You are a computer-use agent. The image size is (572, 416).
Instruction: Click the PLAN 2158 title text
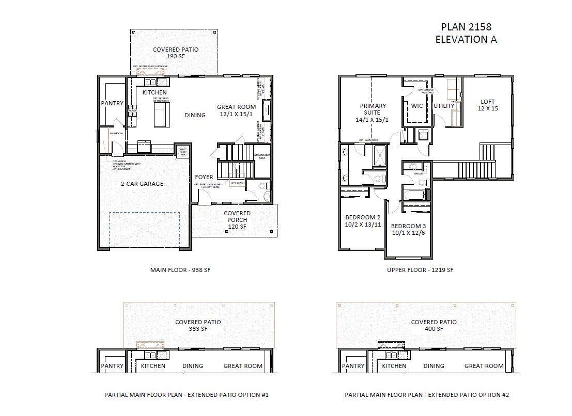coord(466,27)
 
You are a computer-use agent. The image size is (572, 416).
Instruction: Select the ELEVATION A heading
coord(466,39)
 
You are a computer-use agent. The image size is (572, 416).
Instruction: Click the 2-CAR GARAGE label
coord(146,183)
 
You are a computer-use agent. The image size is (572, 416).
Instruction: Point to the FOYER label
coord(204,177)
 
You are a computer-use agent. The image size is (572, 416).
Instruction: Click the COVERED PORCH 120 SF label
coord(237,219)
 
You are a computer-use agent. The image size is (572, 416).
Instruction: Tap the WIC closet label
coord(417,106)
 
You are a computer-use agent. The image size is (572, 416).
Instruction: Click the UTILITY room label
coord(444,106)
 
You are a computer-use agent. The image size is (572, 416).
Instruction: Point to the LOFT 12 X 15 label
coord(488,105)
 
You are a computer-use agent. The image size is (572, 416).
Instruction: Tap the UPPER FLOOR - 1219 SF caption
coord(421,269)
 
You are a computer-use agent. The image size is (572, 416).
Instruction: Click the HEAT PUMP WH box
coord(182,151)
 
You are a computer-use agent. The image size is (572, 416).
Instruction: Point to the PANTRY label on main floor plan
coord(112,103)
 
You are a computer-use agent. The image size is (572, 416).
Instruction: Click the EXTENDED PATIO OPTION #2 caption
coord(427,395)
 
